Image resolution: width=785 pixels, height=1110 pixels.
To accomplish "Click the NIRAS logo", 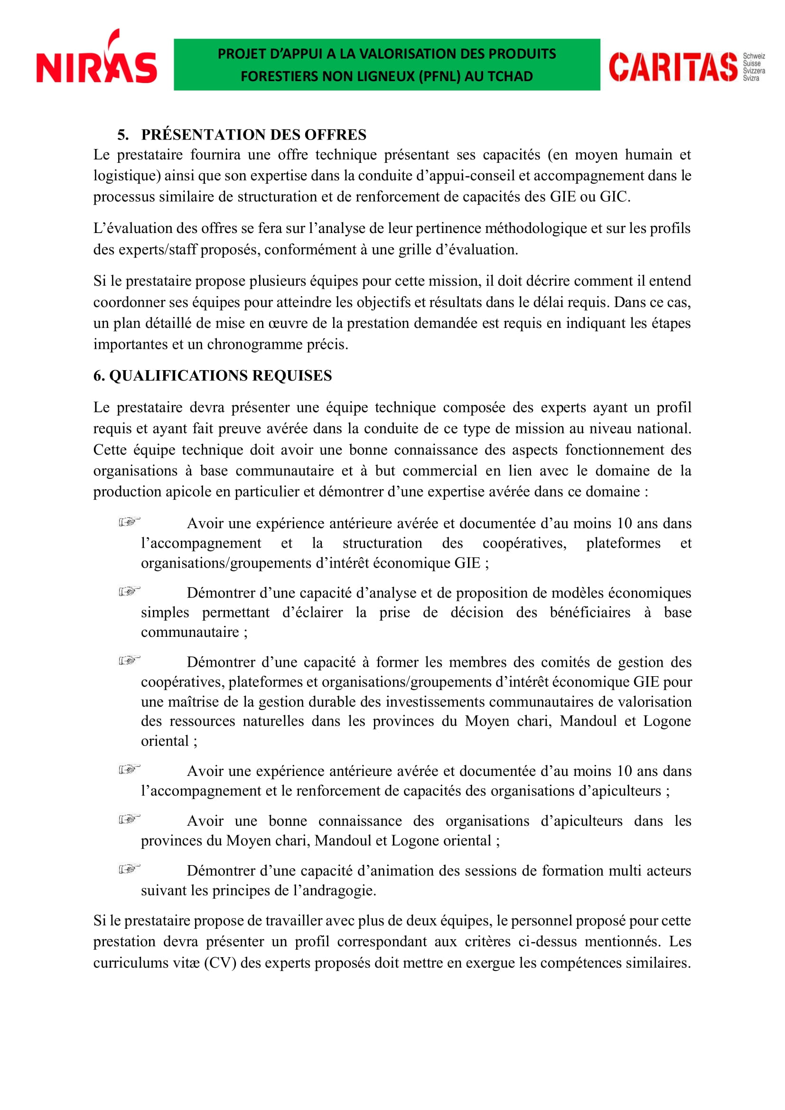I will pyautogui.click(x=97, y=60).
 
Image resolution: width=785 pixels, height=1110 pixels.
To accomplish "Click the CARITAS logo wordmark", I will pyautogui.click(x=673, y=67).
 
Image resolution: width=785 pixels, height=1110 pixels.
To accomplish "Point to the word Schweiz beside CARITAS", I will pyautogui.click(x=754, y=56).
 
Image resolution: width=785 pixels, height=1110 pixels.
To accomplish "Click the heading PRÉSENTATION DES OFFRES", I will pyautogui.click(x=253, y=134).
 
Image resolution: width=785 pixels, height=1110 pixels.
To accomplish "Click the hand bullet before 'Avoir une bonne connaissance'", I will pyautogui.click(x=129, y=820).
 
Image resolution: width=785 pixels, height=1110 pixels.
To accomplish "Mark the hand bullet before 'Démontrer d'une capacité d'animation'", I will pyautogui.click(x=129, y=869).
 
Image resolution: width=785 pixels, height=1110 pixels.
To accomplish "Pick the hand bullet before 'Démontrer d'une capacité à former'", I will pyautogui.click(x=129, y=661).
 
